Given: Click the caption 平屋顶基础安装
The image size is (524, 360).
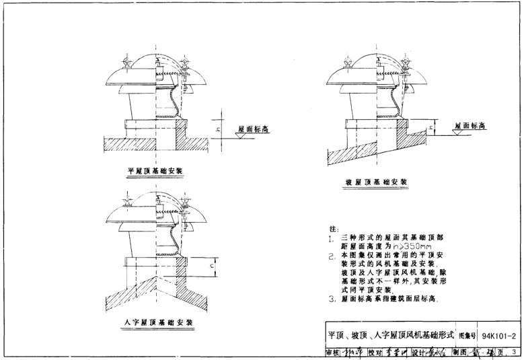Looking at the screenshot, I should point(155,171).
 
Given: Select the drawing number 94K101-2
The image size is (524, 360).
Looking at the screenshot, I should point(499,334).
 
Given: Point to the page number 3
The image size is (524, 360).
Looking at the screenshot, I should point(513,351).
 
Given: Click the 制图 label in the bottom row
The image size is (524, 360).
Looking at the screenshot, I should point(459,351).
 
